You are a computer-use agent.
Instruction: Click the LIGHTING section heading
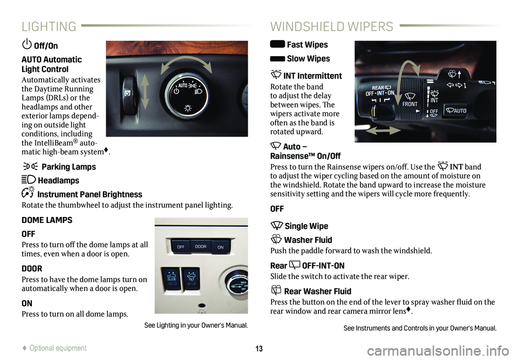(x=49, y=26)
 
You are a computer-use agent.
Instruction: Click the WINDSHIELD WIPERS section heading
(x=332, y=26)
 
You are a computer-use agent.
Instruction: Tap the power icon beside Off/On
(x=27, y=44)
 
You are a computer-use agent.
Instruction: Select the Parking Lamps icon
(x=30, y=166)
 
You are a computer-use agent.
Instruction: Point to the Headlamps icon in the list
(x=29, y=180)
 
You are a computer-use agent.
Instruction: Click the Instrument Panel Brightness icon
(x=28, y=192)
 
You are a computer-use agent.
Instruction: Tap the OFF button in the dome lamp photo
(x=181, y=247)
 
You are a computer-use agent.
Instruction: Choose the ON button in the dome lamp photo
(x=220, y=247)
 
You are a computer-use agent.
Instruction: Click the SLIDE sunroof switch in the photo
(x=172, y=279)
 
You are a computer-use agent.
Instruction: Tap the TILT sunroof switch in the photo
(x=191, y=279)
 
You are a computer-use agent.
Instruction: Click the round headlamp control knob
(x=187, y=95)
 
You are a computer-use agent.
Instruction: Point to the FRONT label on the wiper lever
(x=410, y=104)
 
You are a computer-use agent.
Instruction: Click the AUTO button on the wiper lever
(x=456, y=111)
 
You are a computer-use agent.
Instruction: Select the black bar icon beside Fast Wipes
(x=277, y=44)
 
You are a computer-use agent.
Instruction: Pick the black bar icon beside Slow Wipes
(x=277, y=59)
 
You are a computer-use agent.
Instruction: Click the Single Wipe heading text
(x=306, y=226)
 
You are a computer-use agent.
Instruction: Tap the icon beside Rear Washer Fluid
(x=276, y=290)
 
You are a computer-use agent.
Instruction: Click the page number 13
(x=259, y=349)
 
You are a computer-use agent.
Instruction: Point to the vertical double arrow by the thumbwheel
(x=145, y=91)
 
